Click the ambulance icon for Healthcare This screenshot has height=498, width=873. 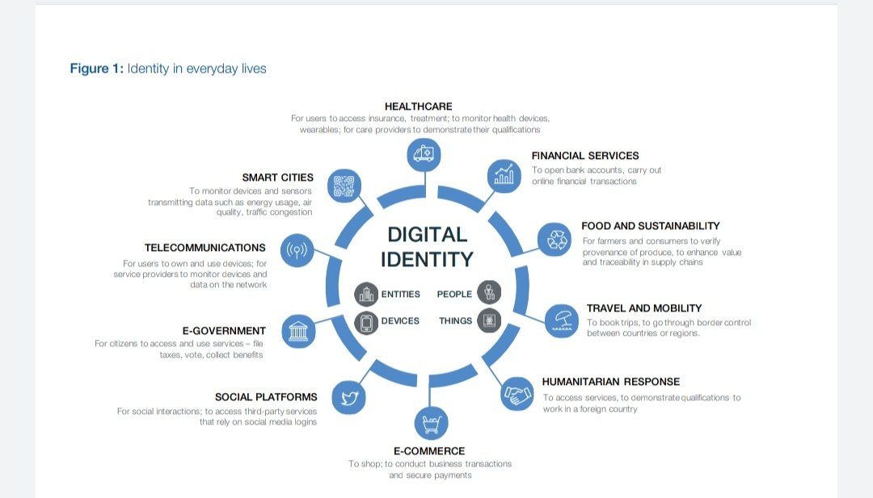coord(423,153)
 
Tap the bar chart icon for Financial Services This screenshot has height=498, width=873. coord(504,176)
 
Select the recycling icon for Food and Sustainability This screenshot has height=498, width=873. coord(555,240)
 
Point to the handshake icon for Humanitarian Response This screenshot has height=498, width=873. coord(517,395)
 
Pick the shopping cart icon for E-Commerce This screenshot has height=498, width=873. coord(430,423)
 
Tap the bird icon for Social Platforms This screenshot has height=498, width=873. coord(349,397)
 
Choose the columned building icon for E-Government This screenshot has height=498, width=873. coord(297,331)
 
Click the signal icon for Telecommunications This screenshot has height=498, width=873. coord(297,251)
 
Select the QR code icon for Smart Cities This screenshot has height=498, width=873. coord(344,185)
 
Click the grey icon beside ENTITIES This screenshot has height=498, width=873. coord(366,294)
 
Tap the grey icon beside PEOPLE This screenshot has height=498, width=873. coord(488,293)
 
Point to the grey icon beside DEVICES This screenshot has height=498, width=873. coord(366,321)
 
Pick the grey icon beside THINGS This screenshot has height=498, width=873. coord(488,320)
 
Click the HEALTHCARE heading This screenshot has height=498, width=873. coord(418,107)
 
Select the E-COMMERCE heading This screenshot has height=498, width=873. coord(429,451)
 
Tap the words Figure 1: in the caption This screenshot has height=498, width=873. coord(97,69)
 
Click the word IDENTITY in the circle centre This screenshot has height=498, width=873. coord(427,259)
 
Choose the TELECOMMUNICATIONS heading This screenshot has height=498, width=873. coord(205,248)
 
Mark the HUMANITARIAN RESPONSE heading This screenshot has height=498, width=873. coord(610,382)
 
